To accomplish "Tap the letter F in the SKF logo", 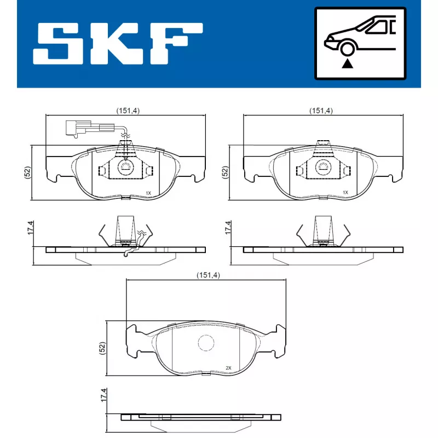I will tap(176, 42).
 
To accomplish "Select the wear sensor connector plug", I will tap(74, 129).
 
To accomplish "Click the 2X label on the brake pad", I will tap(228, 367).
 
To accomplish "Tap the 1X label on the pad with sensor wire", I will tap(148, 193).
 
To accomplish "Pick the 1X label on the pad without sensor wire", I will tap(345, 193).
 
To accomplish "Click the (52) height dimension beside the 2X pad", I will tap(102, 348).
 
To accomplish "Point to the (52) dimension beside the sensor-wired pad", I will tap(27, 172).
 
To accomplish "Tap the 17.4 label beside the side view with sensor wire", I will tap(29, 228).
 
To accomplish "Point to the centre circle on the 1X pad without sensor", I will tap(323, 166).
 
